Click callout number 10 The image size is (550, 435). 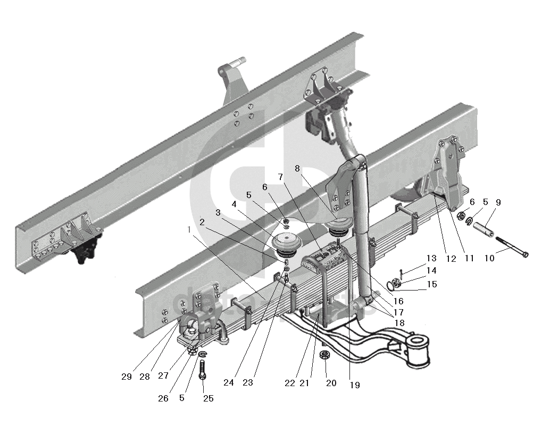(489, 258)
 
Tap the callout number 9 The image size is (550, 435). (498, 202)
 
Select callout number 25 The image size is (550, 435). (209, 398)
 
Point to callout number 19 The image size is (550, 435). (355, 385)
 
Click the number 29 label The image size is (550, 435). (127, 377)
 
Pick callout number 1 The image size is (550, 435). (190, 229)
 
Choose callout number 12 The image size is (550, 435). (451, 259)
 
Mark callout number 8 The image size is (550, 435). (297, 168)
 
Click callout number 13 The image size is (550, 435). (431, 259)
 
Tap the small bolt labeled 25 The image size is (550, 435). (203, 368)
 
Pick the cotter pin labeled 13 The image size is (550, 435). (403, 275)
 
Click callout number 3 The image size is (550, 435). (217, 212)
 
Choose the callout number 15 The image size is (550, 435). (431, 284)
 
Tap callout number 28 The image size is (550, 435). (145, 377)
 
